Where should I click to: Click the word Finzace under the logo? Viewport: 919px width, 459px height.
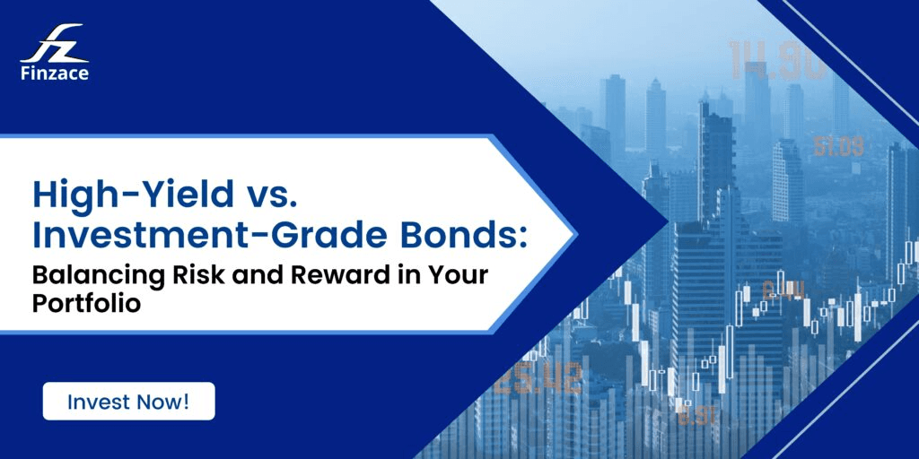tap(54, 74)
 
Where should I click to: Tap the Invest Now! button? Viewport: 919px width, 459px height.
tap(128, 402)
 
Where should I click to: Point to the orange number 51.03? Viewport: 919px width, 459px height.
tap(838, 146)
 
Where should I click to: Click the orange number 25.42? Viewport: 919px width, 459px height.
tap(538, 380)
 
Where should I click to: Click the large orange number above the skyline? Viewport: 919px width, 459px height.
tap(776, 61)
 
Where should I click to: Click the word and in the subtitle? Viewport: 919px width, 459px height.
tap(234, 274)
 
